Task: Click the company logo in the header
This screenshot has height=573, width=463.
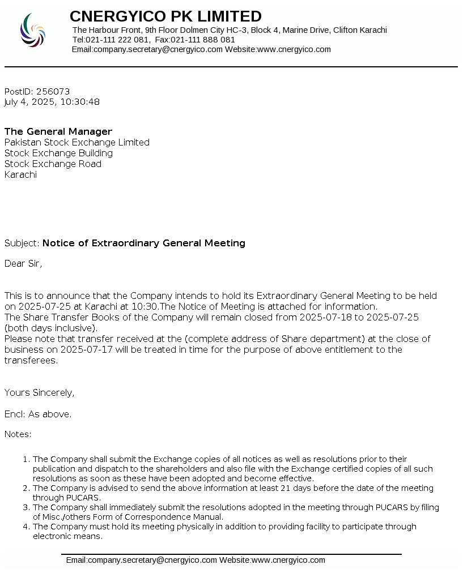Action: tap(33, 30)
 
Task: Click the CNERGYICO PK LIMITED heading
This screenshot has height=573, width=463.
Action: tap(165, 16)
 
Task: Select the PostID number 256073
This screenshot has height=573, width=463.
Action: tap(53, 91)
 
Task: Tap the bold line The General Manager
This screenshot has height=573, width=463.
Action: tap(58, 131)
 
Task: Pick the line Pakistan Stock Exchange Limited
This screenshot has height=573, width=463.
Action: tap(77, 142)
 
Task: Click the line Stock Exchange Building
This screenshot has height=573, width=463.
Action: tap(58, 153)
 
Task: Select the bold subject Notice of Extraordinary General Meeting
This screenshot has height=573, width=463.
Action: tap(144, 243)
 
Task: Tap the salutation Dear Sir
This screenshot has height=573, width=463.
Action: tap(23, 263)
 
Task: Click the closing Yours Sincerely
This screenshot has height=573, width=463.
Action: tap(39, 392)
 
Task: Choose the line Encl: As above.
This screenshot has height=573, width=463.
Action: tap(38, 414)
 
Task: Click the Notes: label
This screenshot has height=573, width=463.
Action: tap(18, 434)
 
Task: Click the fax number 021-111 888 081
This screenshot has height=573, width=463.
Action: tap(203, 40)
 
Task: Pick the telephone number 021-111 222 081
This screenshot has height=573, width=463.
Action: tap(118, 40)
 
